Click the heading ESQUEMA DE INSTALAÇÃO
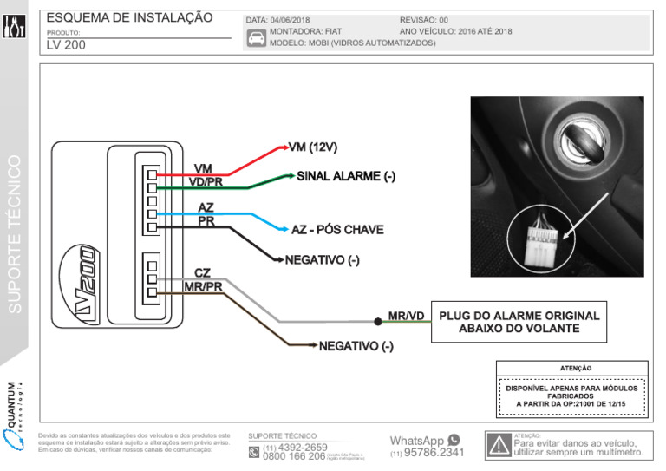pyautogui.click(x=128, y=17)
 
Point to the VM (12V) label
pyautogui.click(x=311, y=147)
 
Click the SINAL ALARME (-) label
pyautogui.click(x=346, y=176)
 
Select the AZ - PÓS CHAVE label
pyautogui.click(x=337, y=230)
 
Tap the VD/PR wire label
pyautogui.click(x=206, y=181)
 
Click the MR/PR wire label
pyautogui.click(x=203, y=286)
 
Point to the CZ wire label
pyautogui.click(x=202, y=273)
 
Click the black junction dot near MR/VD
pyautogui.click(x=378, y=322)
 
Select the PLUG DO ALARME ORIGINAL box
pyautogui.click(x=517, y=322)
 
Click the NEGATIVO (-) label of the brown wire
pyautogui.click(x=356, y=347)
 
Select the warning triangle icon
pyautogui.click(x=499, y=446)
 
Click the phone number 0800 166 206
pyautogui.click(x=293, y=456)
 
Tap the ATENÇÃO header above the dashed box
pyautogui.click(x=571, y=368)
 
